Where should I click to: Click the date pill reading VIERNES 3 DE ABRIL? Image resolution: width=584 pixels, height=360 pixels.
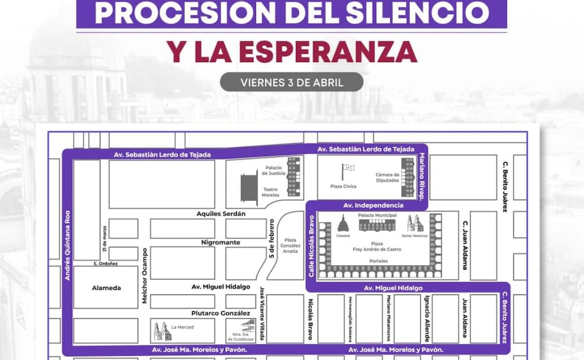tap(291, 82)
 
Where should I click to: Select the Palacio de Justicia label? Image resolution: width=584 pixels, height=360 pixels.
tap(273, 170)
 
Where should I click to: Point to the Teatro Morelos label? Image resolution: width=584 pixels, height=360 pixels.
tap(271, 192)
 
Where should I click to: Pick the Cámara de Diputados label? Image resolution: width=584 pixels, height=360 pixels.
tap(387, 177)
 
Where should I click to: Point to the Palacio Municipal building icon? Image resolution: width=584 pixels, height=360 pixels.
tap(377, 224)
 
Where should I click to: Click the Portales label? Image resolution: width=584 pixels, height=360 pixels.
tap(378, 261)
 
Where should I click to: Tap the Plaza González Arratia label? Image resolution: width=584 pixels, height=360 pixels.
tap(290, 246)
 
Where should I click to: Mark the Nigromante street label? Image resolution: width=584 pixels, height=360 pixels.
tap(221, 242)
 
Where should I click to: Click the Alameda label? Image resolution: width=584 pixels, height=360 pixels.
tap(106, 287)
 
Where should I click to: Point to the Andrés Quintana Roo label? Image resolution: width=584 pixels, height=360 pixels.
tap(67, 245)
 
